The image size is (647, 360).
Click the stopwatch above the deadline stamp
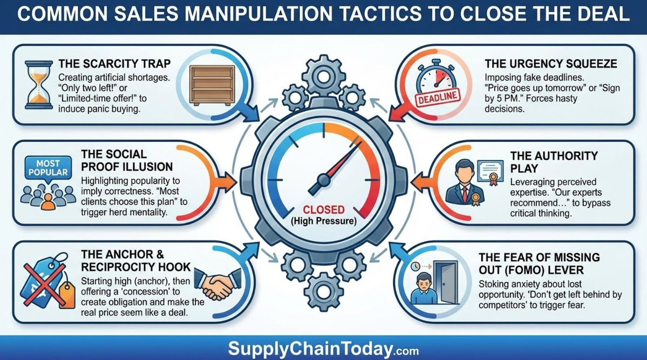tap(435, 80)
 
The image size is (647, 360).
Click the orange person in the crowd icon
tap(48, 201)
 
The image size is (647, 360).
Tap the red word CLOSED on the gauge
tap(323, 209)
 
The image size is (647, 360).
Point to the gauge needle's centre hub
tap(323, 178)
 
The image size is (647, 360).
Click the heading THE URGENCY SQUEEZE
tap(550, 64)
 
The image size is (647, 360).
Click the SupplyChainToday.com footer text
tap(323, 349)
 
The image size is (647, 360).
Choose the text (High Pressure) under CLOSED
tap(323, 221)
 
